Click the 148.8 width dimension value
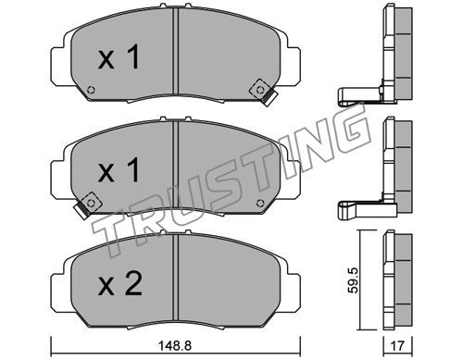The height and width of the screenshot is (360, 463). (175, 345)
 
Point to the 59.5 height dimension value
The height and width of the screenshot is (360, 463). (353, 280)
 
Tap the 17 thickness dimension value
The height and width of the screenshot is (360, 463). (397, 346)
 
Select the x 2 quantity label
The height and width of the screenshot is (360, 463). (120, 283)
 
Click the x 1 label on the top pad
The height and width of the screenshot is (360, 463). (119, 56)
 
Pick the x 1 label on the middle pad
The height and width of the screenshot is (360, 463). (119, 170)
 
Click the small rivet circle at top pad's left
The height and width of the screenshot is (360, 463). (91, 91)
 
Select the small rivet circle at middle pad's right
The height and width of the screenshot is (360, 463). (260, 203)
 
